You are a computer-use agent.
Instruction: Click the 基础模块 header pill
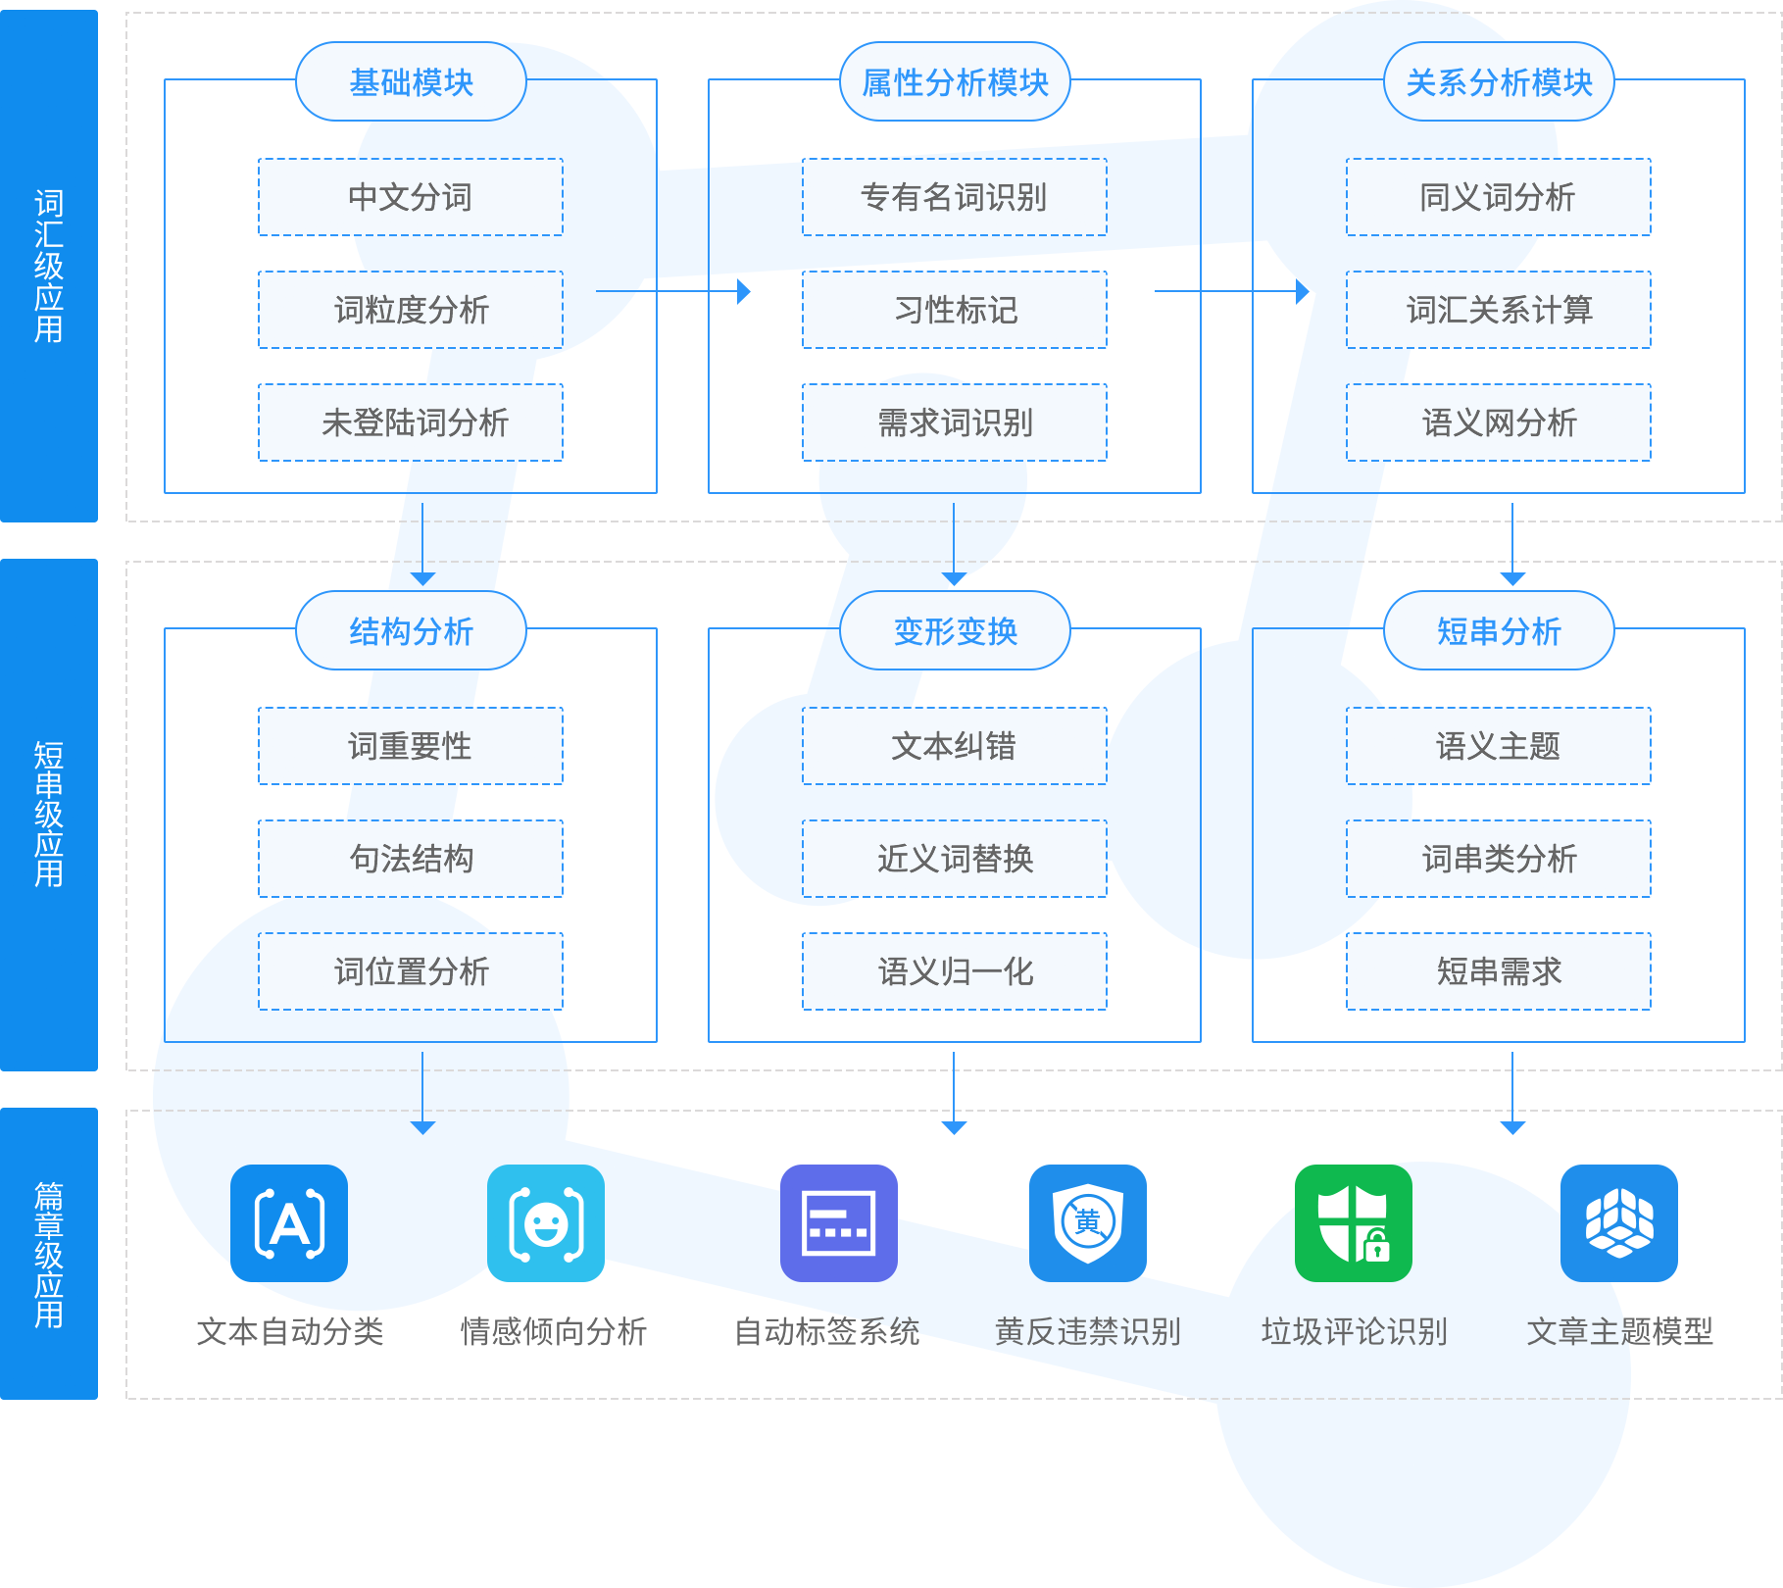(411, 82)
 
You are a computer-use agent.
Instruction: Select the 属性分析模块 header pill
(955, 82)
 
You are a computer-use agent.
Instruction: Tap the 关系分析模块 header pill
(1499, 82)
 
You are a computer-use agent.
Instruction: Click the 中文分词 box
(411, 197)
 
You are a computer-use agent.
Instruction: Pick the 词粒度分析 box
(411, 310)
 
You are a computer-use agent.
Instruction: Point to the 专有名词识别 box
(954, 197)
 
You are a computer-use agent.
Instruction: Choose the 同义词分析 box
(1498, 197)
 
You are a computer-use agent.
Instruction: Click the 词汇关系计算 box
(1498, 310)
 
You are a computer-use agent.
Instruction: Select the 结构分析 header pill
(411, 631)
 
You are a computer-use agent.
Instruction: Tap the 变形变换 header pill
(955, 631)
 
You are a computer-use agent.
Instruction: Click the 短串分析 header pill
(1499, 631)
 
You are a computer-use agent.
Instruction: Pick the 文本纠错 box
(954, 746)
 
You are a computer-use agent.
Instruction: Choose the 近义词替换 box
(954, 859)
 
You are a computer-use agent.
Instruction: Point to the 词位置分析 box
(411, 971)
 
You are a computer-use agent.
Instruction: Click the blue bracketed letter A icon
(289, 1223)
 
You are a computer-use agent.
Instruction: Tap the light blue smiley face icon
(546, 1223)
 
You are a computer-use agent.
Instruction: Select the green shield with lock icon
(1354, 1223)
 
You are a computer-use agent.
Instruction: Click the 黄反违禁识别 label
(1087, 1331)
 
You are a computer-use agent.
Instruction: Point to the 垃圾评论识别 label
(1354, 1331)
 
